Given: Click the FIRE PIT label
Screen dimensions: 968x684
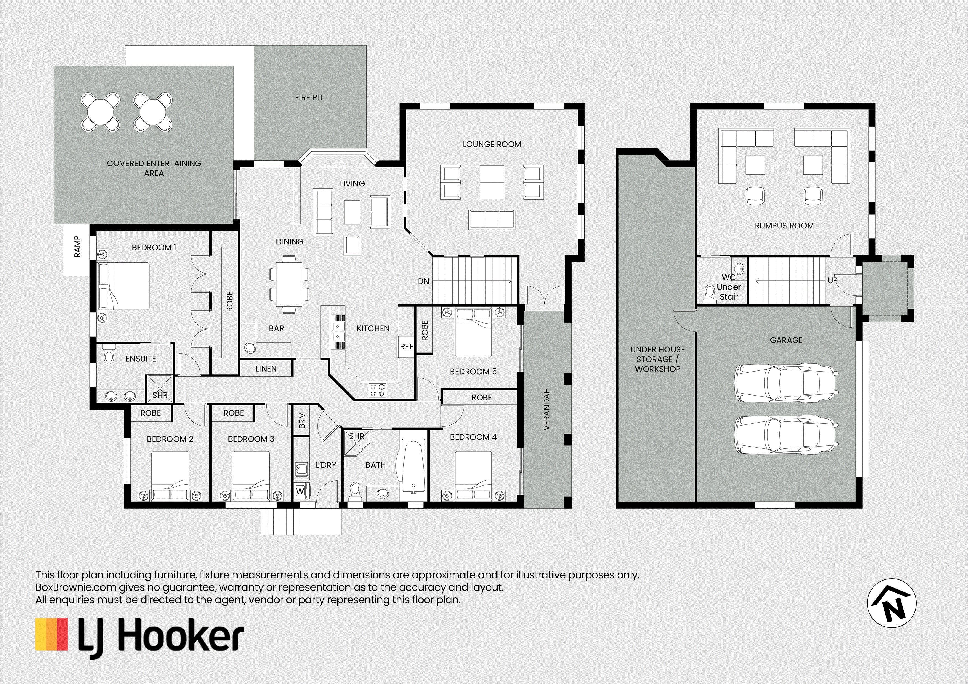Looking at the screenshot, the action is (x=309, y=97).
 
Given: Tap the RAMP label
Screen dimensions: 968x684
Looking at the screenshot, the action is (x=77, y=247).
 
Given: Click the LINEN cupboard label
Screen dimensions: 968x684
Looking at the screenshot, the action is (x=266, y=369).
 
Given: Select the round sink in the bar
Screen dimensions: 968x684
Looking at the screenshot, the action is (x=250, y=348).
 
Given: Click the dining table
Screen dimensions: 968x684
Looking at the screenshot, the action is (x=289, y=284).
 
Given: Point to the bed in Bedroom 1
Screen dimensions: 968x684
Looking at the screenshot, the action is (x=124, y=286).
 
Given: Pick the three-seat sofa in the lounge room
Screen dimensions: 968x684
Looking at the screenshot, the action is (x=492, y=220).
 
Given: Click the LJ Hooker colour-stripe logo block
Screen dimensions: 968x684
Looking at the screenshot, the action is (x=51, y=634).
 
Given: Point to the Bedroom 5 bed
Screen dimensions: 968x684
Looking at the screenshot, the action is (x=474, y=332).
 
